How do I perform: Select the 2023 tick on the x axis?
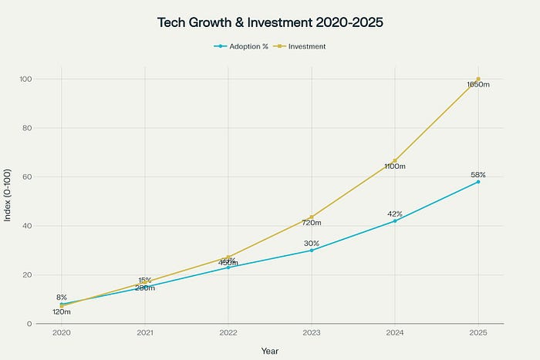[312, 335]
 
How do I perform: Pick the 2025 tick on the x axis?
[478, 335]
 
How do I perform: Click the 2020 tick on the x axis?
[62, 335]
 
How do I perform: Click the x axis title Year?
[270, 351]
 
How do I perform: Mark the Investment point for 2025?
[478, 79]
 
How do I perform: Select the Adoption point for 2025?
[478, 181]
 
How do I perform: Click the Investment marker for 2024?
[395, 160]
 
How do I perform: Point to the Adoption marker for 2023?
[312, 250]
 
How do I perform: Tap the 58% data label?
[478, 175]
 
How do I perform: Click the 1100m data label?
[395, 166]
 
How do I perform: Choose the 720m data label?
[312, 222]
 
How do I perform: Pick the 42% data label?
[395, 214]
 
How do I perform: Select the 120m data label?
[62, 311]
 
